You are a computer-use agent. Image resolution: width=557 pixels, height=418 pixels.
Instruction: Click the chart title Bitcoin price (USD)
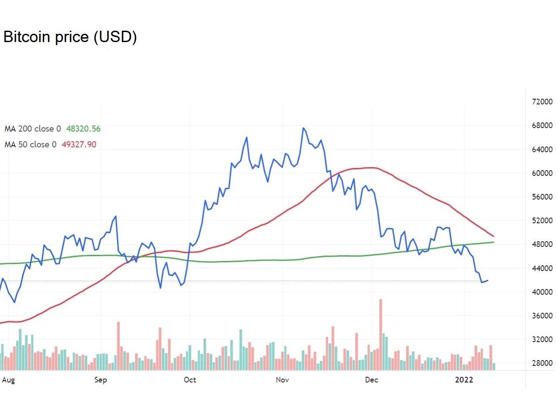pos(70,37)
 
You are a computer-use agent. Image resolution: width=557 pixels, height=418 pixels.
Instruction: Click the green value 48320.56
pos(83,129)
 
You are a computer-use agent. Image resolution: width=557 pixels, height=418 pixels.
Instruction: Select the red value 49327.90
pos(79,144)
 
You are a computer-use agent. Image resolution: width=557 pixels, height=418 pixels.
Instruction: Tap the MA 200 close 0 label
pos(32,129)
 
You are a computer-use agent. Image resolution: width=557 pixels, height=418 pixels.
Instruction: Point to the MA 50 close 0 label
pos(30,144)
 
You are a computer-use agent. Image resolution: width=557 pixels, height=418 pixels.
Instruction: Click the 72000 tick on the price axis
pos(542,102)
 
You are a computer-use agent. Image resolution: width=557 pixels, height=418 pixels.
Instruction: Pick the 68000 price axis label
pos(542,125)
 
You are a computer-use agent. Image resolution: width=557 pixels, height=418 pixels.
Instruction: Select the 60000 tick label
pos(542,173)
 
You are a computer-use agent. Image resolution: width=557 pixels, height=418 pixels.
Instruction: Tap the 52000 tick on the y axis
pos(542,221)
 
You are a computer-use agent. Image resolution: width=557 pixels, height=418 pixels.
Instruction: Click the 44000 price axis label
pos(542,268)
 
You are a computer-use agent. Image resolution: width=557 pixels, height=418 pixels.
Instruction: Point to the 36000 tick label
pos(542,316)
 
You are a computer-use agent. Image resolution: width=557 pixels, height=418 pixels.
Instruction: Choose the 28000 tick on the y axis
pos(542,363)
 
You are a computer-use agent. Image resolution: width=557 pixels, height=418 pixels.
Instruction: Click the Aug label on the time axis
pos(8,380)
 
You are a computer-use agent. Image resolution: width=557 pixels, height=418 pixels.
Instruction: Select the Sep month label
pos(100,380)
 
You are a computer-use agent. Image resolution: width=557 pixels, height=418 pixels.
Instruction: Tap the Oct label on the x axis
pos(190,380)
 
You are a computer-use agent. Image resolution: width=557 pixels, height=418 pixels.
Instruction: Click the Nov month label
pos(282,380)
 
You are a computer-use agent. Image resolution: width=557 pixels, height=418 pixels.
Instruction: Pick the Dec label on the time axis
pos(371,380)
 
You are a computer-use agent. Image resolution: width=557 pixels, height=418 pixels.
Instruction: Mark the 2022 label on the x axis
pos(464,380)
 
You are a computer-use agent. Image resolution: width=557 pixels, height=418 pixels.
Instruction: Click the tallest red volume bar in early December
pos(381,333)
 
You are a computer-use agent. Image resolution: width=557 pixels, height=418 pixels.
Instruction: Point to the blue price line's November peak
pos(303,128)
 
